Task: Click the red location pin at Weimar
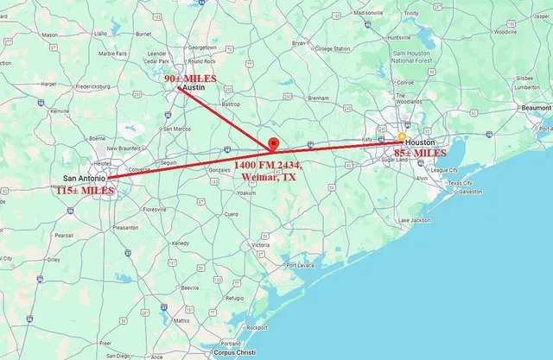point(272,143)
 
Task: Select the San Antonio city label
point(84,179)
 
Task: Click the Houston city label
point(420,142)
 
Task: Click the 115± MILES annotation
point(86,190)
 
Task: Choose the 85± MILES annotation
point(419,154)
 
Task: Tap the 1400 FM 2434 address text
point(268,163)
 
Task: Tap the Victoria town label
point(260,245)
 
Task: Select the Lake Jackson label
point(415,220)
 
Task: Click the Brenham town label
point(317,98)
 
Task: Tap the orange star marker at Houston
point(402,137)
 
